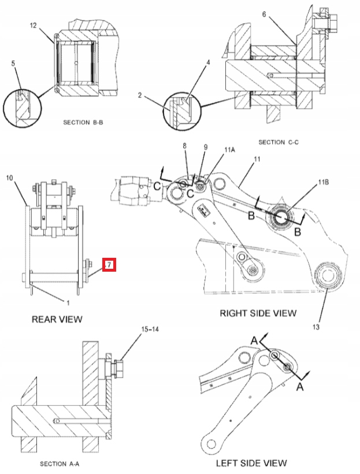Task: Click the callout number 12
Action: click(x=34, y=26)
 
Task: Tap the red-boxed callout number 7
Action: click(x=109, y=265)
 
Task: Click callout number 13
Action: click(x=316, y=328)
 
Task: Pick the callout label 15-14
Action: click(x=149, y=329)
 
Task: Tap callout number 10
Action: click(x=9, y=179)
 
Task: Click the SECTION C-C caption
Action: click(x=279, y=142)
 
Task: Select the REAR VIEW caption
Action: click(x=57, y=319)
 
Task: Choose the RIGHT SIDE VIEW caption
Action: click(x=258, y=313)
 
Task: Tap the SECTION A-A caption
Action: click(x=63, y=464)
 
